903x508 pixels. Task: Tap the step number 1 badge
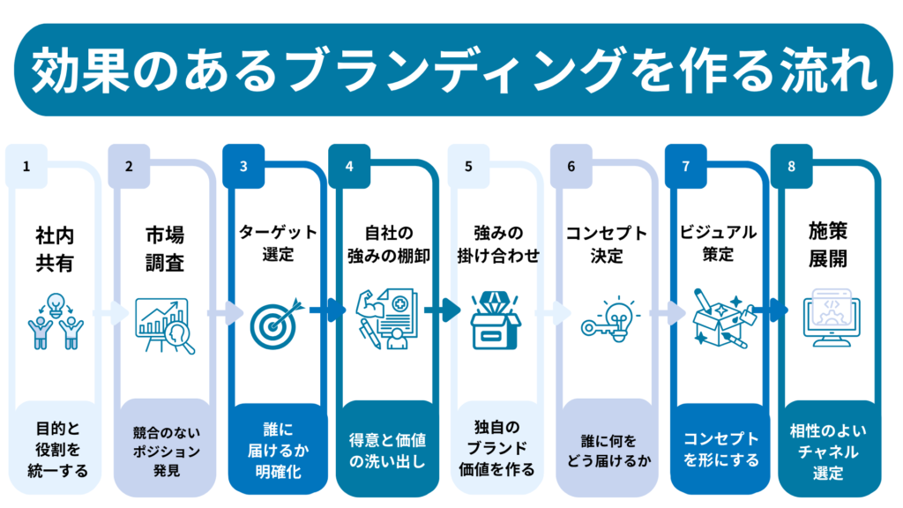[x=26, y=166]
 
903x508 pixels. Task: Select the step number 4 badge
[x=349, y=166]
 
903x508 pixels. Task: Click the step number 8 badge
[x=791, y=166]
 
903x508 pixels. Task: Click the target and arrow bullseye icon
[x=275, y=323]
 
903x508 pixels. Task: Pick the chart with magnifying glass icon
[x=164, y=325]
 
